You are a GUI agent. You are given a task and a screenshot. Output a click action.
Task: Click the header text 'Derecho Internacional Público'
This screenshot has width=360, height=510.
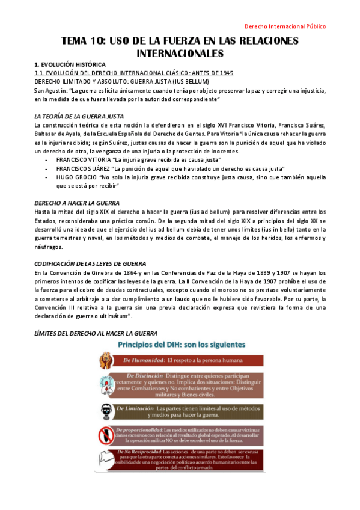click(x=288, y=26)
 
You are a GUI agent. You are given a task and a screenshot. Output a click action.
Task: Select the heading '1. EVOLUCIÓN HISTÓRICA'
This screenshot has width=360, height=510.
click(x=70, y=64)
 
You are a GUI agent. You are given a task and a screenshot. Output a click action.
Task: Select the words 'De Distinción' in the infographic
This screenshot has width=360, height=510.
click(x=141, y=375)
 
